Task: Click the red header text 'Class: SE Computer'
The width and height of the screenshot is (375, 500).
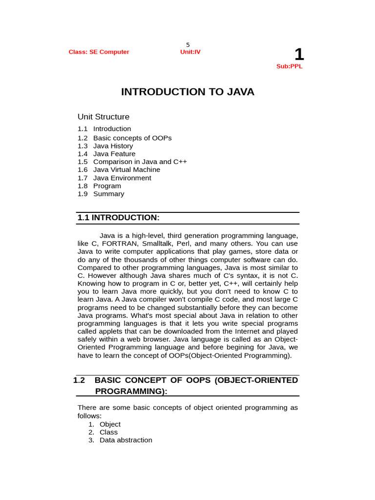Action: pyautogui.click(x=99, y=52)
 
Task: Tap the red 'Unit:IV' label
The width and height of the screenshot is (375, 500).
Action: pyautogui.click(x=190, y=52)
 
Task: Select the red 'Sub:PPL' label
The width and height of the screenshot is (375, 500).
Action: pyautogui.click(x=289, y=66)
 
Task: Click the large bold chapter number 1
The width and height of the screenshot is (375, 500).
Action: pyautogui.click(x=298, y=55)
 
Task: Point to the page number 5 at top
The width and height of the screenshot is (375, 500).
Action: pyautogui.click(x=187, y=45)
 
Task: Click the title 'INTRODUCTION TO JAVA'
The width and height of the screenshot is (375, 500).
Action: pyautogui.click(x=187, y=92)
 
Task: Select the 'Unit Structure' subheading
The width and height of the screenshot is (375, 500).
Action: pyautogui.click(x=104, y=117)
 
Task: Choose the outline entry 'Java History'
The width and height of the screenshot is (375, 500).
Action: pyautogui.click(x=113, y=146)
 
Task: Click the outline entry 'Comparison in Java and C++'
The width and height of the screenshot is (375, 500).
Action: pyautogui.click(x=140, y=162)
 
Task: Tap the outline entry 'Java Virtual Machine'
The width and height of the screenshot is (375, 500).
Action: pyautogui.click(x=126, y=169)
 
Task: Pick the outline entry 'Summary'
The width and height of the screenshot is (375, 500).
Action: pyautogui.click(x=108, y=194)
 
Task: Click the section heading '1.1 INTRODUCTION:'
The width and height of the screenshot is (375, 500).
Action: pyautogui.click(x=119, y=217)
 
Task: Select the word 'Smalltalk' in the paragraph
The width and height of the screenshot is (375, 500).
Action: pyautogui.click(x=158, y=244)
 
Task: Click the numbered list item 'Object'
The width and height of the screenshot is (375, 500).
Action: pyautogui.click(x=110, y=424)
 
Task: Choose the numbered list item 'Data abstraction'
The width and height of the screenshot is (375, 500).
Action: pyautogui.click(x=125, y=440)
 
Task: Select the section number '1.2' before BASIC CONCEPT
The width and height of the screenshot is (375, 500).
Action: pyautogui.click(x=79, y=380)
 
